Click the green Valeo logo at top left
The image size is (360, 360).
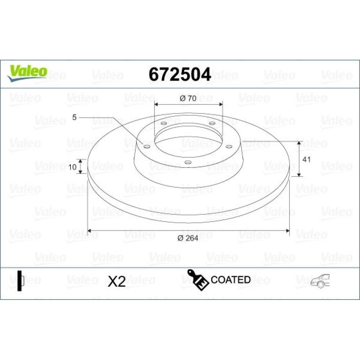tap(27, 73)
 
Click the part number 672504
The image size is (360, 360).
tap(180, 75)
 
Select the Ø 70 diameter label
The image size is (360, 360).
tap(188, 98)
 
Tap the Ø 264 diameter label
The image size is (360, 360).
tap(188, 238)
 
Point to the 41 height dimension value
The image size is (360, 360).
tap(306, 159)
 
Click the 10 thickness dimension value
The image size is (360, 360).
tap(72, 167)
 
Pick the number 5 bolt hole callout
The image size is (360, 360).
tap(74, 117)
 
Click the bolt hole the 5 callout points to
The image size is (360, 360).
tap(146, 147)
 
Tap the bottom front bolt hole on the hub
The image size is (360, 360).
tap(188, 163)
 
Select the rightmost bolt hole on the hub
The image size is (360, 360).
tap(229, 147)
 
